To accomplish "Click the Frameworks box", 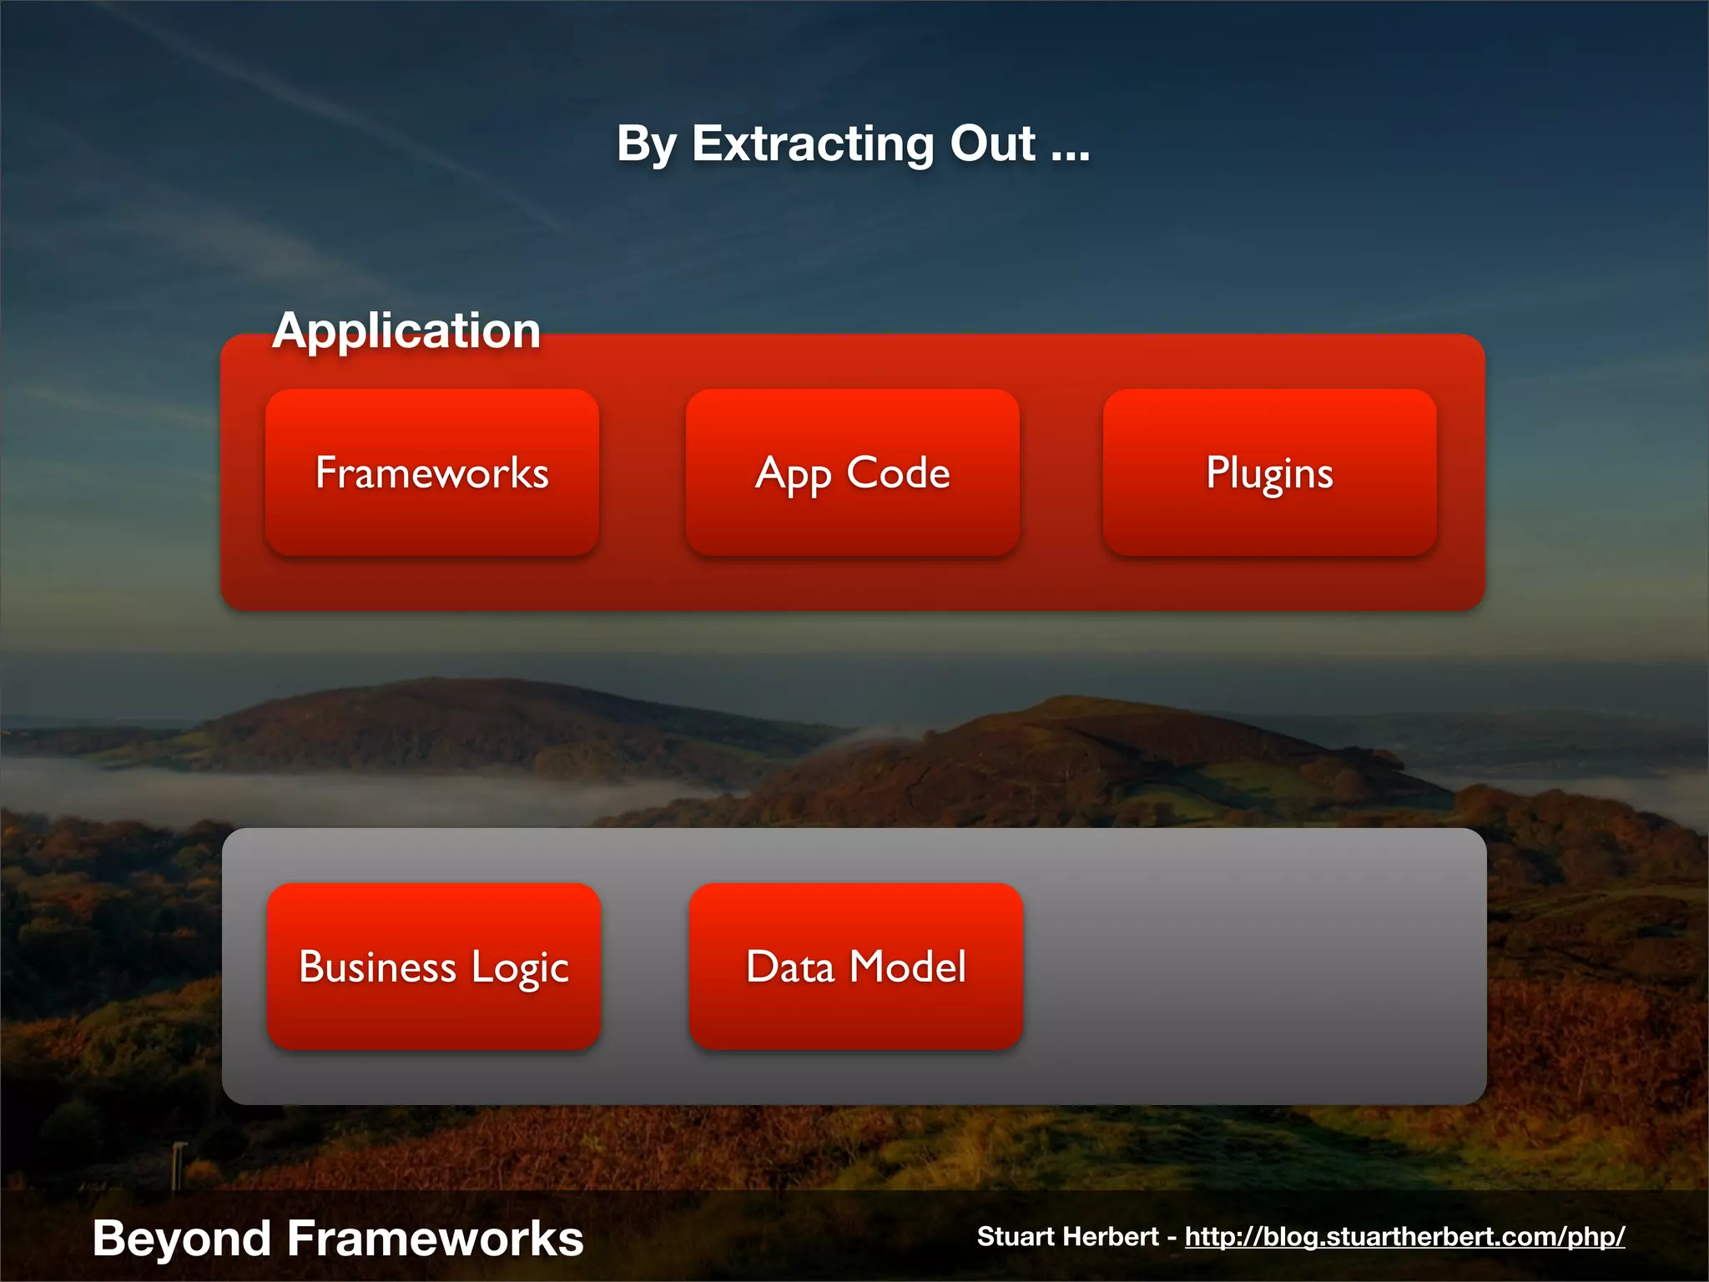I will click(x=432, y=472).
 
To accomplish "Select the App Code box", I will click(x=852, y=472).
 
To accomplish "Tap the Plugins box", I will click(x=1269, y=472).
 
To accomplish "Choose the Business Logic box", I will click(x=433, y=967).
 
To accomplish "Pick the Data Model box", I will click(x=855, y=967).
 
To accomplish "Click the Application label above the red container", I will click(x=406, y=331).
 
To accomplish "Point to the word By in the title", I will click(x=647, y=145).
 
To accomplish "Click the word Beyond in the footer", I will click(x=181, y=1238).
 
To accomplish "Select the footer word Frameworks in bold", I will click(x=435, y=1238).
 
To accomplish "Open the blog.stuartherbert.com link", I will click(x=1404, y=1236).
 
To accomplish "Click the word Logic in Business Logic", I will click(x=519, y=968).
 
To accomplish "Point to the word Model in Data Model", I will click(x=908, y=967).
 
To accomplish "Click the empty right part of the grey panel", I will click(x=1252, y=967).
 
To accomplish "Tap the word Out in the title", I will click(x=992, y=144).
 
